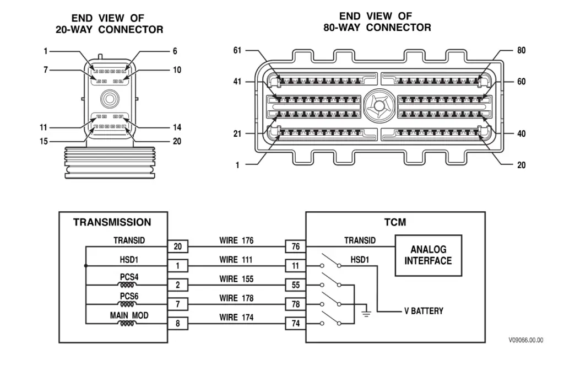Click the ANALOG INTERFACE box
(x=429, y=255)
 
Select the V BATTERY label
(x=423, y=311)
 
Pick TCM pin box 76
(x=295, y=246)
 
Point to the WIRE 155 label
(x=236, y=279)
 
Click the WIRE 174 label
(x=236, y=317)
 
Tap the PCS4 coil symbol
(x=128, y=285)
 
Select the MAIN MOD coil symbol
(x=128, y=323)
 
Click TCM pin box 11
(x=295, y=266)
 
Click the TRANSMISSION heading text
(x=112, y=223)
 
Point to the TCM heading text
(x=395, y=223)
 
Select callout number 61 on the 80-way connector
(x=237, y=51)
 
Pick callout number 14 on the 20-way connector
(x=176, y=127)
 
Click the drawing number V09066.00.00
(x=526, y=340)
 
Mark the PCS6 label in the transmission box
(x=128, y=296)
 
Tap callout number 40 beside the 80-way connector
(x=521, y=133)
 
